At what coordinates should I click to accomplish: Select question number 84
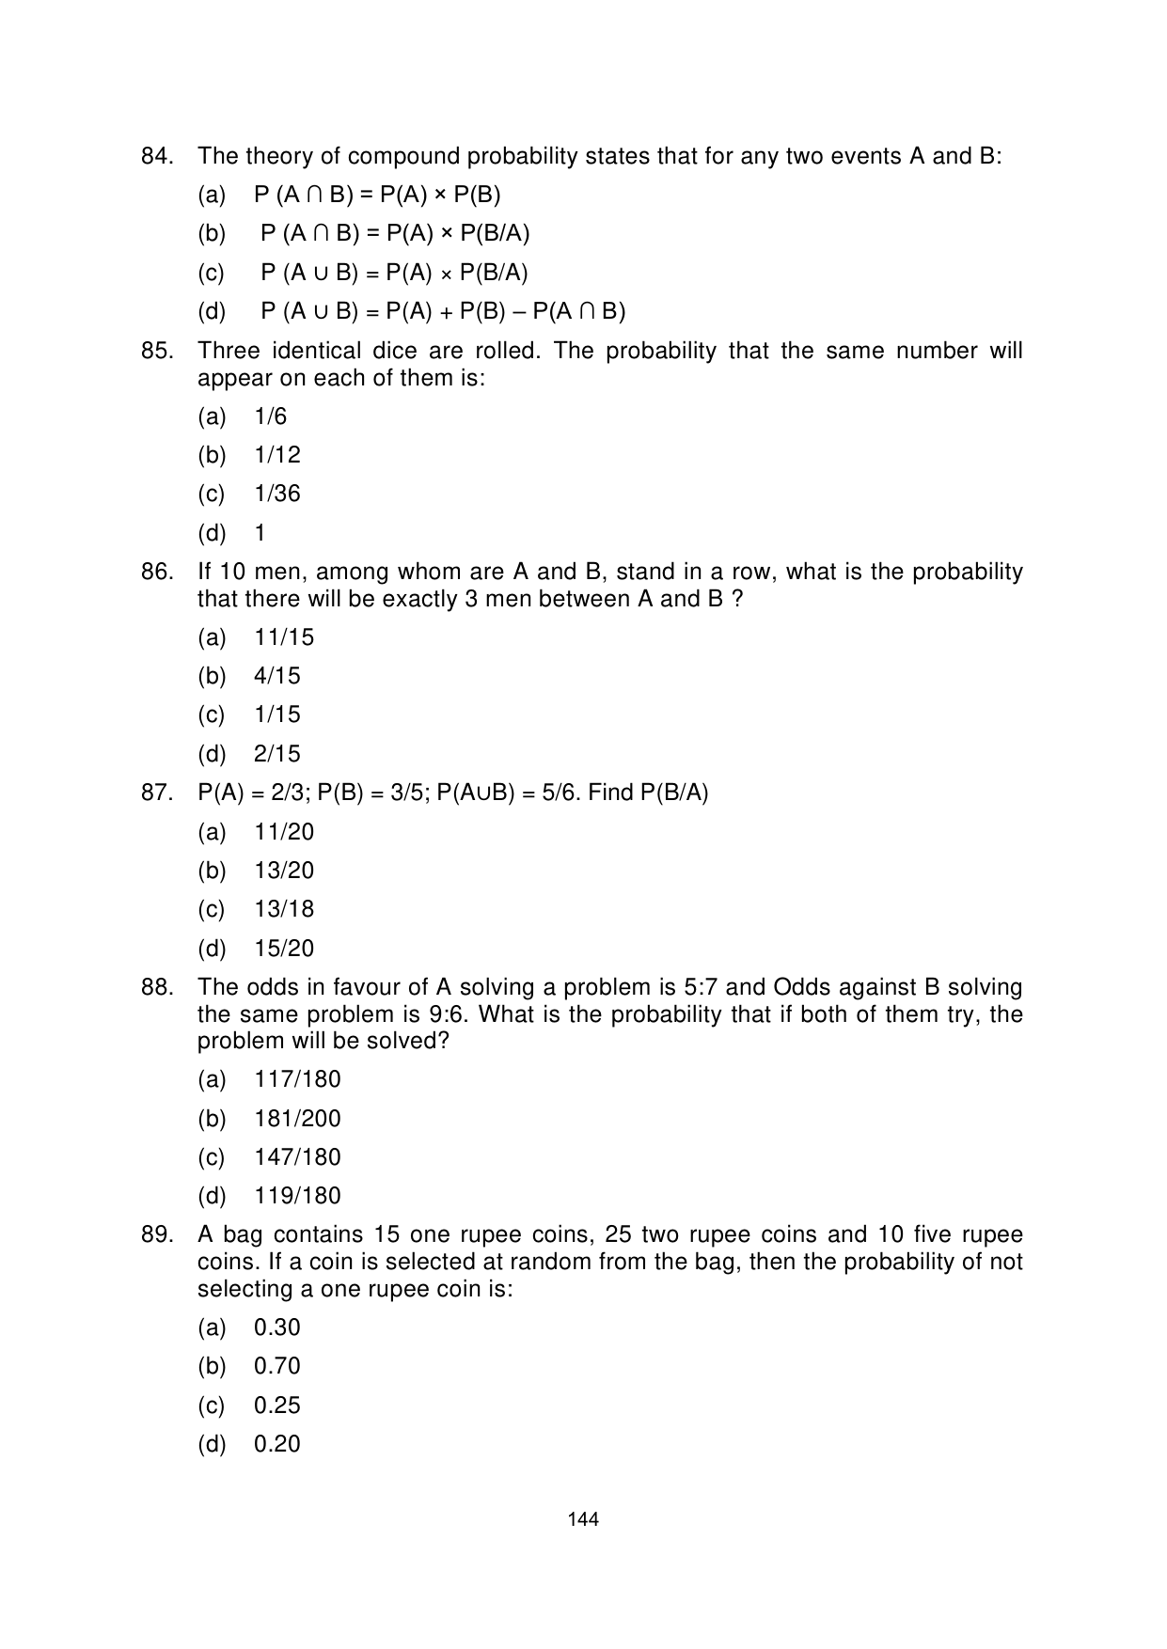click(157, 156)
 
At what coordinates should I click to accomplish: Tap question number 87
click(157, 793)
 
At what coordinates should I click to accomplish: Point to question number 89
click(157, 1234)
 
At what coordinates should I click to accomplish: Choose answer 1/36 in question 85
click(276, 494)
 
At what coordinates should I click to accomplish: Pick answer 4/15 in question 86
click(276, 676)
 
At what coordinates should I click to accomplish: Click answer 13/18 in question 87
click(284, 909)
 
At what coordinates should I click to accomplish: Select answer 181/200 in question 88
click(297, 1119)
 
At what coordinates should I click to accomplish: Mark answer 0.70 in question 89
click(276, 1366)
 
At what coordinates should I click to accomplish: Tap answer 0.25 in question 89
click(276, 1406)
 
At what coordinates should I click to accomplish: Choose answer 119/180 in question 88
click(297, 1196)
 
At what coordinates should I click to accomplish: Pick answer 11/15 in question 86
click(284, 637)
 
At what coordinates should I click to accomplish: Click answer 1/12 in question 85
click(276, 455)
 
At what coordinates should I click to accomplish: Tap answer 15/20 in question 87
click(284, 949)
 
